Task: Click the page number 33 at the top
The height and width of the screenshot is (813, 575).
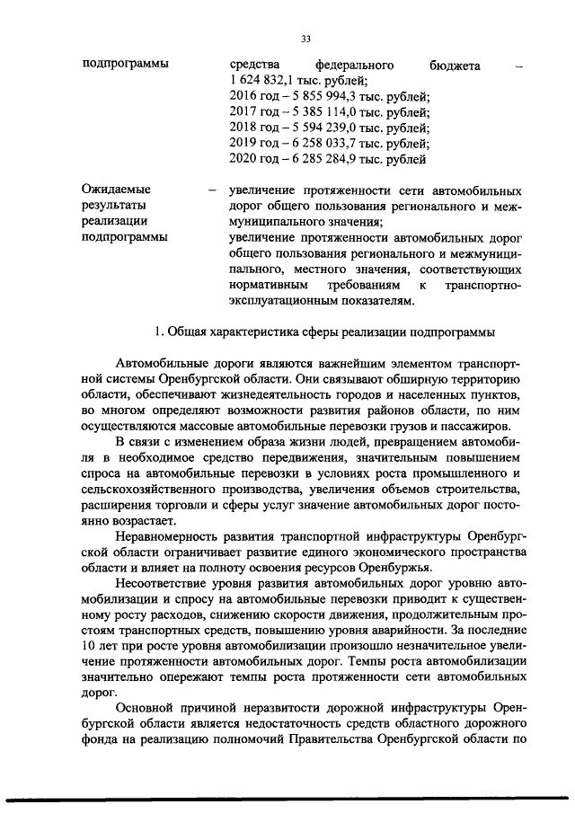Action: tap(305, 39)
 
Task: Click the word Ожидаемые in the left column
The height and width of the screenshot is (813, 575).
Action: tap(117, 190)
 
